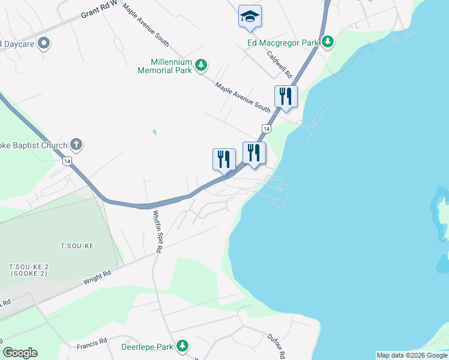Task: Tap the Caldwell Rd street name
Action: pos(280,64)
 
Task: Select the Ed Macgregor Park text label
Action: pos(283,42)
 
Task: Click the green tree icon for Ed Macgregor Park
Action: pos(327,42)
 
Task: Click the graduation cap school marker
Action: pos(249,17)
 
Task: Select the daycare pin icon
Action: pos(44,43)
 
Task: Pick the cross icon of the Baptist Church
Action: pos(76,144)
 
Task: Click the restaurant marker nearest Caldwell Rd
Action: pos(286,96)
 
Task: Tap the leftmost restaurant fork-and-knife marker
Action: pos(224,159)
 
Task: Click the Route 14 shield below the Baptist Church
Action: pos(67,161)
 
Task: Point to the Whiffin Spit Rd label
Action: pos(158,230)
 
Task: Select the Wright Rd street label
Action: pos(97,277)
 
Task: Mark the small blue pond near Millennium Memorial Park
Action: pos(154,132)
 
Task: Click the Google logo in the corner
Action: pos(20,353)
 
